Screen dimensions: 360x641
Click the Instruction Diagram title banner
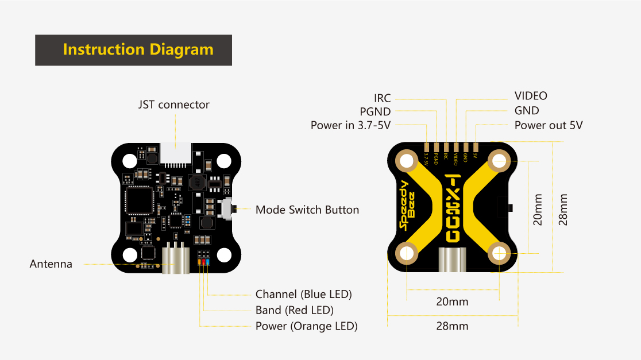pos(134,50)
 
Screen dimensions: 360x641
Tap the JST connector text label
pos(173,105)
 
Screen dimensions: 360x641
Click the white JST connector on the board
pos(176,154)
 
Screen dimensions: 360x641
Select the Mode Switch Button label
pos(307,210)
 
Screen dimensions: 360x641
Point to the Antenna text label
pos(51,264)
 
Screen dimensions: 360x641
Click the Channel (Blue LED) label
pos(303,295)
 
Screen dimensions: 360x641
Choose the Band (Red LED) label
pos(294,311)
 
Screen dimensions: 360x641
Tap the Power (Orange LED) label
pos(306,327)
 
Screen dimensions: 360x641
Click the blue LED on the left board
pos(208,262)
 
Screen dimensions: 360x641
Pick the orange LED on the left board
pos(199,262)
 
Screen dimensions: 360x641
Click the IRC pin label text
pos(382,99)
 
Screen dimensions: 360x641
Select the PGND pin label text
pos(375,112)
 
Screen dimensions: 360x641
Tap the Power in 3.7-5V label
pos(350,125)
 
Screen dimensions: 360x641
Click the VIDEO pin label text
pos(531,96)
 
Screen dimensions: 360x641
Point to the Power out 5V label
pos(549,125)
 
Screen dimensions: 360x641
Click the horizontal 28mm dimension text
pos(452,326)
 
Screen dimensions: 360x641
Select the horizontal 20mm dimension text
pos(452,302)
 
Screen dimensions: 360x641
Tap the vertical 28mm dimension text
pos(563,209)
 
